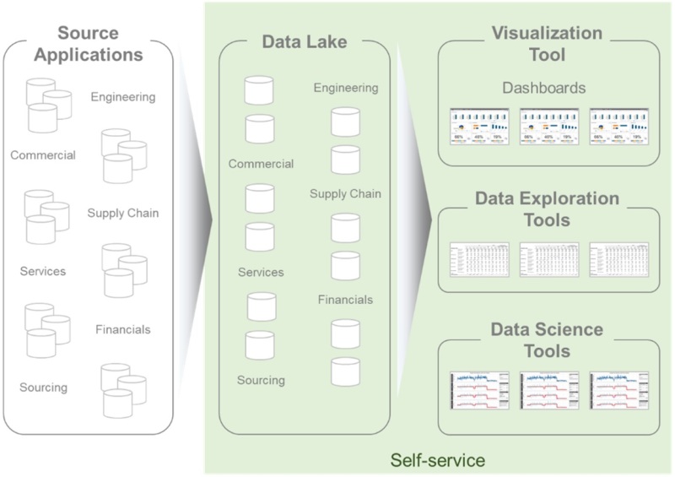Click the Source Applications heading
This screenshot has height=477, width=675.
100,44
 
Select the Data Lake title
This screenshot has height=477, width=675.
304,41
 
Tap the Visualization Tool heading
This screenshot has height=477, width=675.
547,44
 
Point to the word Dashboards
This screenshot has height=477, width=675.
544,87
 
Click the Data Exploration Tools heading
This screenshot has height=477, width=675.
547,209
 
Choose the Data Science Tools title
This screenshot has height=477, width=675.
547,339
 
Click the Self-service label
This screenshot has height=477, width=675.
437,460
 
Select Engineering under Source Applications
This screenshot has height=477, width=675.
123,97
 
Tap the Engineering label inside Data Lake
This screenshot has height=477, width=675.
346,88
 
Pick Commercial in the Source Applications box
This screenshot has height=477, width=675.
43,155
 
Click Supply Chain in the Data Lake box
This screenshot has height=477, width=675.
345,194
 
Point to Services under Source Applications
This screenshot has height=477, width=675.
43,272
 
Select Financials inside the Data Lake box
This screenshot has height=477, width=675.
345,300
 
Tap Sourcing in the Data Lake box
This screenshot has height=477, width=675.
262,380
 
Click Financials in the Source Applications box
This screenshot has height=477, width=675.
123,329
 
